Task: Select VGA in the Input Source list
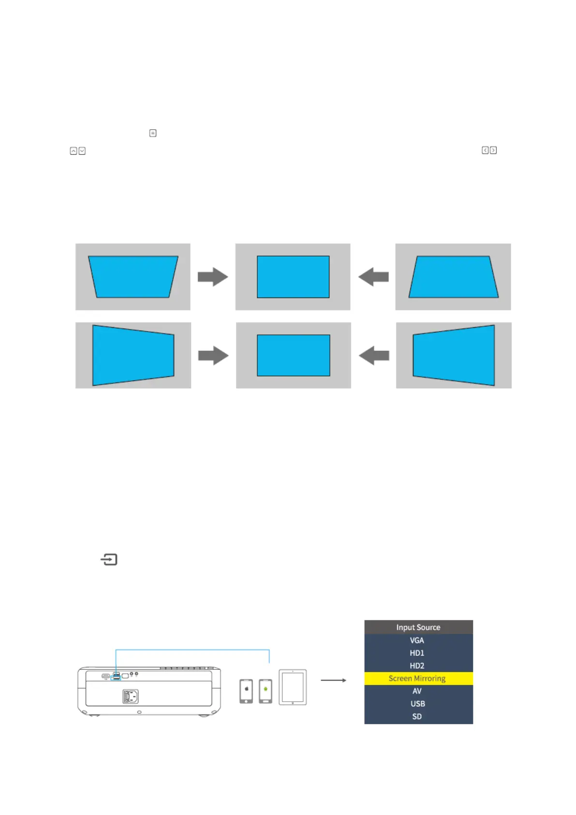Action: [417, 640]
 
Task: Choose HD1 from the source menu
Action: [417, 653]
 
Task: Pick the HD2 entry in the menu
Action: [417, 665]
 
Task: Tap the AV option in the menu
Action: [417, 691]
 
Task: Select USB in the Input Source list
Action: [417, 704]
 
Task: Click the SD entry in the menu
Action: [417, 716]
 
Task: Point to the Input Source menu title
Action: [418, 627]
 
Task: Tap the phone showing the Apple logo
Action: [246, 691]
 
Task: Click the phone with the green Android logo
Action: [266, 691]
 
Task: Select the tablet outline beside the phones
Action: [293, 687]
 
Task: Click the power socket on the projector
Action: [131, 696]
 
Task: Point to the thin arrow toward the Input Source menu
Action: [333, 680]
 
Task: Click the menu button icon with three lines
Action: [153, 133]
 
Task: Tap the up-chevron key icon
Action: [74, 151]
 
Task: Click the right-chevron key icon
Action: [493, 151]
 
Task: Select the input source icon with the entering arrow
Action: [109, 559]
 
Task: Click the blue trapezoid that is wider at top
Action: [133, 276]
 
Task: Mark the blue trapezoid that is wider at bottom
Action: [453, 276]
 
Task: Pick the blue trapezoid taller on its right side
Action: [454, 355]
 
